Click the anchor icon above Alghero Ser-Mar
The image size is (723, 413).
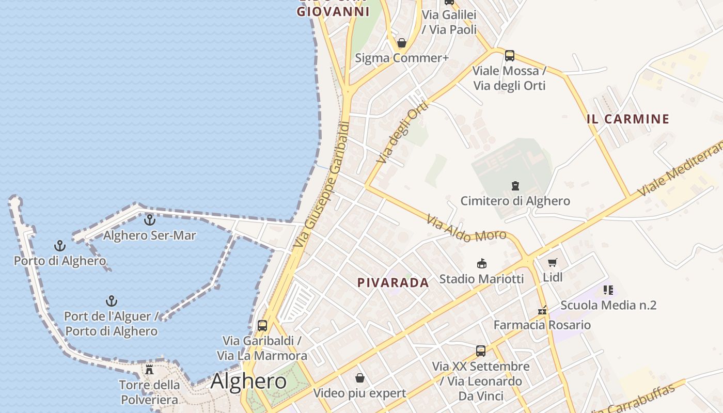pyautogui.click(x=149, y=220)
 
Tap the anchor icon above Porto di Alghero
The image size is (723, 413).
pyautogui.click(x=60, y=245)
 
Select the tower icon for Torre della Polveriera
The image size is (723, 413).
pyautogui.click(x=149, y=369)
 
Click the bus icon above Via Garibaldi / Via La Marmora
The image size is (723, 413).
pyautogui.click(x=262, y=326)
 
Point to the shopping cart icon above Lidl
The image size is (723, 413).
pyautogui.click(x=553, y=262)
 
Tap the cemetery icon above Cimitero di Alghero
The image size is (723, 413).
pyautogui.click(x=515, y=185)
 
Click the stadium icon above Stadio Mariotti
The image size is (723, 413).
pyautogui.click(x=481, y=264)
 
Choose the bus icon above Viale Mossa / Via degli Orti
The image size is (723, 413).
pyautogui.click(x=509, y=55)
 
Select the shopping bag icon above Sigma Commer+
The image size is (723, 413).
pyautogui.click(x=401, y=43)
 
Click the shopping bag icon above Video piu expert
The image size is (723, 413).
pyautogui.click(x=360, y=378)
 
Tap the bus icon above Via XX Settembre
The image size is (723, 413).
pyautogui.click(x=481, y=351)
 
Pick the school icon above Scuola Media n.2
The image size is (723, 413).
pyautogui.click(x=608, y=290)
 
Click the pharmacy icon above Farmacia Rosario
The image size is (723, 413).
pyautogui.click(x=542, y=310)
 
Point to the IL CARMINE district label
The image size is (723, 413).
pyautogui.click(x=628, y=119)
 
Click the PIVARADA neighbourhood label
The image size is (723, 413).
pyautogui.click(x=393, y=283)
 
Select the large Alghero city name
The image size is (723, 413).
pyautogui.click(x=248, y=382)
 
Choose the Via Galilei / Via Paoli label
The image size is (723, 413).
pyautogui.click(x=449, y=22)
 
